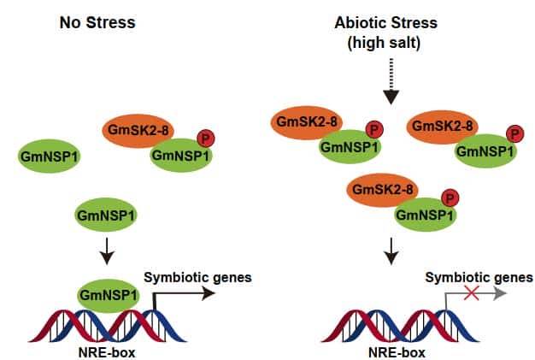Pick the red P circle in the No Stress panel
coord(206,138)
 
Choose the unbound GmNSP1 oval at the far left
coord(50,156)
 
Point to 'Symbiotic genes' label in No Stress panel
coord(197,277)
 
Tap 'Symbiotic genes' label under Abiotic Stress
coord(479,276)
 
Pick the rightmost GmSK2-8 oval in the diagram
coord(443,126)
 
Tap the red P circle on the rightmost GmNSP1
coord(514,134)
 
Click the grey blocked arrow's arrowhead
coord(501,294)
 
